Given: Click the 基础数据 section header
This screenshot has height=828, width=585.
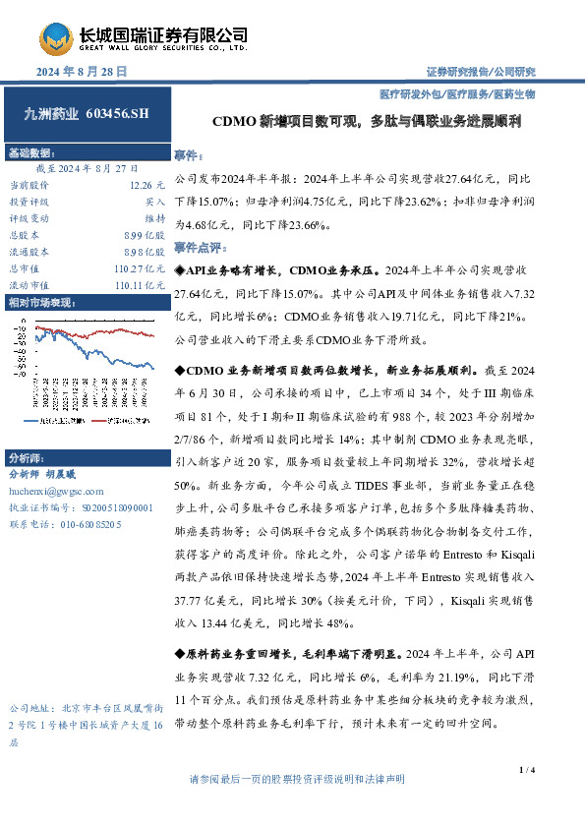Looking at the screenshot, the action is coord(32,154).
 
